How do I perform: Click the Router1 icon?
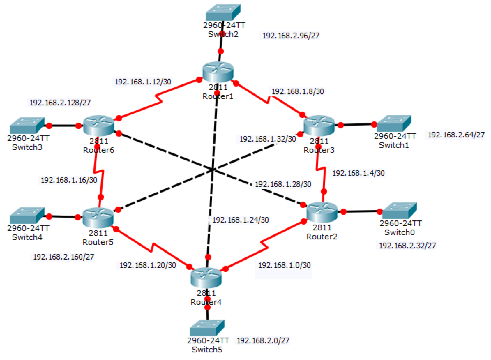coord(218,72)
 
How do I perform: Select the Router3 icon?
coord(319,126)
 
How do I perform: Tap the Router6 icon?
coord(99,126)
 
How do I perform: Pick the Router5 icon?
coord(98,218)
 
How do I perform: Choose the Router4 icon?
coord(206,278)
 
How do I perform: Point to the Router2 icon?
coord(322,212)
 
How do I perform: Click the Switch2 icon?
coord(223,13)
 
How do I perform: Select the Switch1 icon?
coord(394,123)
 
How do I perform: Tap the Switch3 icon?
coord(27,126)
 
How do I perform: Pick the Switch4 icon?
coord(27,216)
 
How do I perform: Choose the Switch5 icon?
coord(207,328)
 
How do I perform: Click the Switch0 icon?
coord(400,211)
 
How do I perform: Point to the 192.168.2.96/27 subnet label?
coord(291,36)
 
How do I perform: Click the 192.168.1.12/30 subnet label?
coord(143,82)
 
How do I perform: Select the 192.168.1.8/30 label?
coord(298,91)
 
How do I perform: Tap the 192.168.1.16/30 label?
coord(69,180)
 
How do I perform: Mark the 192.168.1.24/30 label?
coord(241,220)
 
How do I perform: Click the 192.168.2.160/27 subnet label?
coord(63,257)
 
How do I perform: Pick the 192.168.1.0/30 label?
coord(285,265)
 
